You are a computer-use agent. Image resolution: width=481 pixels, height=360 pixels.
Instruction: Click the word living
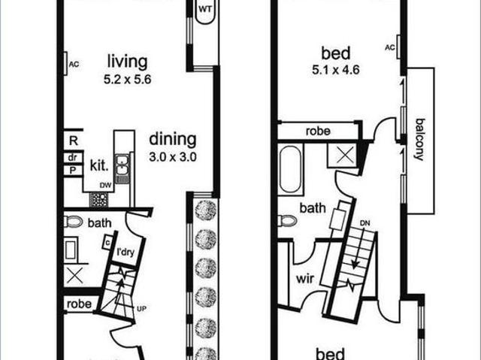(127, 62)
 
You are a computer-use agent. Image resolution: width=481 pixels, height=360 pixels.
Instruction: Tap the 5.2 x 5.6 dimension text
(129, 78)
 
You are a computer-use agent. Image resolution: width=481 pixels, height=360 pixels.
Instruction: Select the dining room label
(172, 140)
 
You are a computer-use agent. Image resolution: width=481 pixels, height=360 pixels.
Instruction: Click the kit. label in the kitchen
(99, 165)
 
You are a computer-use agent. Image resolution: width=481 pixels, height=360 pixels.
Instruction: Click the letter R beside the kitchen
(74, 141)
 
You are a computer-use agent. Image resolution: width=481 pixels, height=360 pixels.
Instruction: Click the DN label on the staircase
(365, 223)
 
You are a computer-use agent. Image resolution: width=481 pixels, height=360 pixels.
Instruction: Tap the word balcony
(419, 140)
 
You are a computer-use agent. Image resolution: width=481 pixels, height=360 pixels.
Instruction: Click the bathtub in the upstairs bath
(291, 172)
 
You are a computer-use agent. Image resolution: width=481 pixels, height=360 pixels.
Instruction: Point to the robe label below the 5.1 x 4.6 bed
(317, 131)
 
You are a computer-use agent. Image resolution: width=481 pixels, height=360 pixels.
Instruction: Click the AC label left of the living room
(74, 64)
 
